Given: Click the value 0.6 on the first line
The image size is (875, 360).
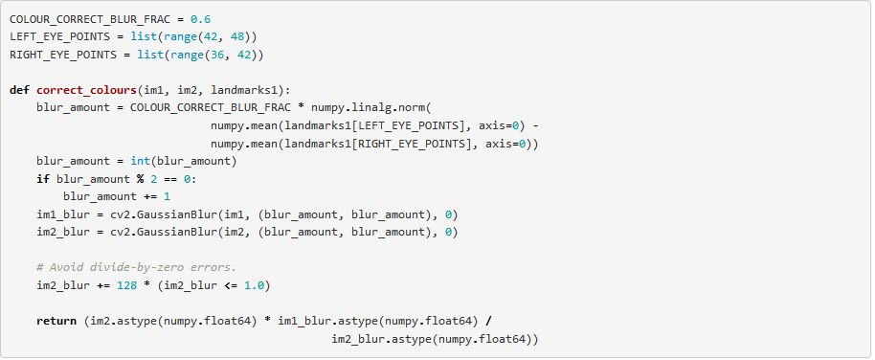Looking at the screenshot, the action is (x=200, y=19).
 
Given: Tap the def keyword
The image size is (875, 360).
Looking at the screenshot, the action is (x=19, y=90).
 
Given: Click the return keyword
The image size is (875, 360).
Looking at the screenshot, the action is (x=56, y=321).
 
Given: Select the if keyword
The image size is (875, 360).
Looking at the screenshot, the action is (x=43, y=179).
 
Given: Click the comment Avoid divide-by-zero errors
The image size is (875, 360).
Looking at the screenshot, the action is (x=137, y=267).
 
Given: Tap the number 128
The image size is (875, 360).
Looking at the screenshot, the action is (x=126, y=285).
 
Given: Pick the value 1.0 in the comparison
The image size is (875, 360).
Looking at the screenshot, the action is (x=254, y=285).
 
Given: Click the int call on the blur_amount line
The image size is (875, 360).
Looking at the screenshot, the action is (x=140, y=161).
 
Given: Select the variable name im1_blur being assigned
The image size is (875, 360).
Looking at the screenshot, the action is (x=59, y=214).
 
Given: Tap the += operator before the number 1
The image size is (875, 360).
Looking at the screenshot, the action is (x=150, y=196).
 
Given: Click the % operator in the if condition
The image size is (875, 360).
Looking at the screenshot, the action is (x=140, y=179).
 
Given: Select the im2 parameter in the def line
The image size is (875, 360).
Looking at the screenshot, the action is (x=187, y=90).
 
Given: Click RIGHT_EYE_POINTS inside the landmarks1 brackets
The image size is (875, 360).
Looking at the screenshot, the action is (x=412, y=144).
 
